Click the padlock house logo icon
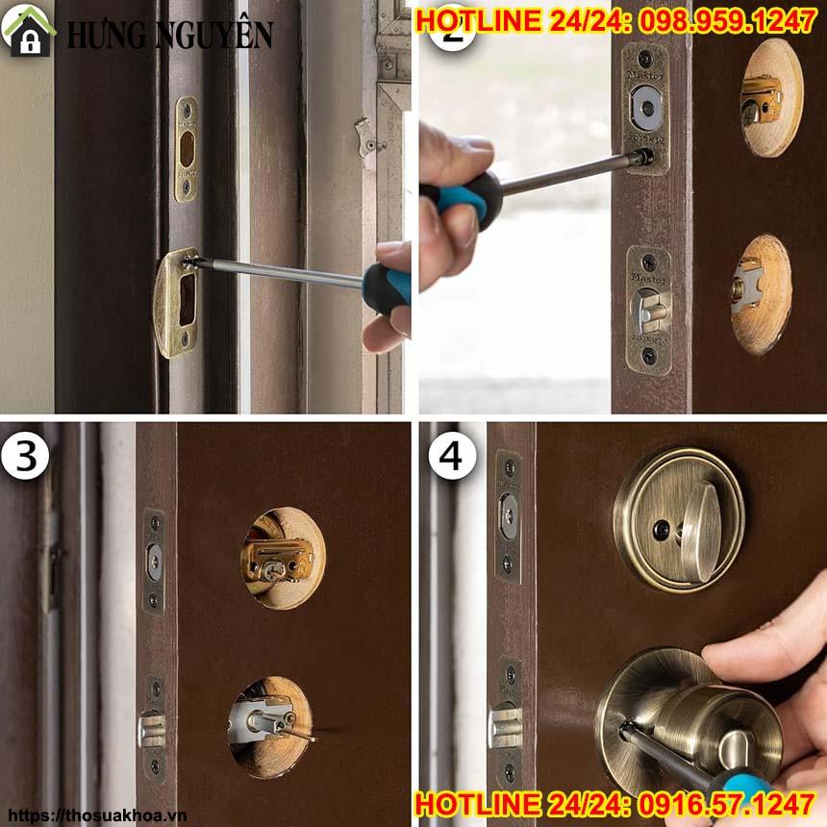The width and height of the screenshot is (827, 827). tap(30, 30)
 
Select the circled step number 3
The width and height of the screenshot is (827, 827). tap(25, 457)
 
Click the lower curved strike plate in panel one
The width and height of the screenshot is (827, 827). tap(177, 301)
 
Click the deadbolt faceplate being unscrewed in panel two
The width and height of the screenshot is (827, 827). tap(644, 108)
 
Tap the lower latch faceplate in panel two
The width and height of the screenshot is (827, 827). tap(648, 309)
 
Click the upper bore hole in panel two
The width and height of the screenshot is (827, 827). tap(770, 97)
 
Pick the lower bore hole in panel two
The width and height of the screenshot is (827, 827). tap(760, 294)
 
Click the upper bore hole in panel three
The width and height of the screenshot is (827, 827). tap(282, 558)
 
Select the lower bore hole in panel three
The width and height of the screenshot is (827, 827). tap(270, 726)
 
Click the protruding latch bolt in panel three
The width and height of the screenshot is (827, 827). tap(151, 728)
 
